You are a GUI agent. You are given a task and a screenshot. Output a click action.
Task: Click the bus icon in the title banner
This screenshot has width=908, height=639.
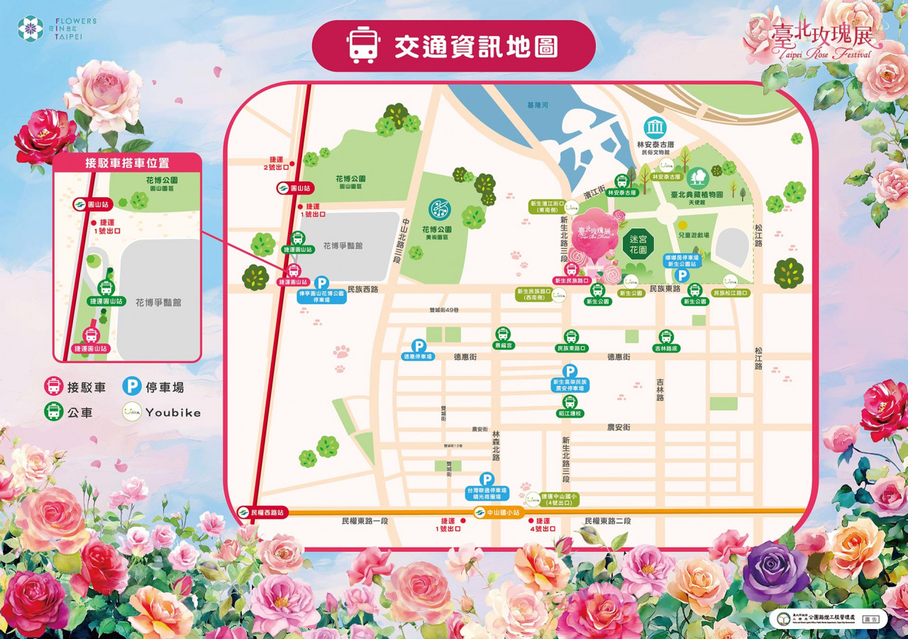362,45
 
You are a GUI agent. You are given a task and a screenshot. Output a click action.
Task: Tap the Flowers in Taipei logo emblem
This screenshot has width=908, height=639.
31,28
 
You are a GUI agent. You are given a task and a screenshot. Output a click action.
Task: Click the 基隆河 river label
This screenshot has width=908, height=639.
538,105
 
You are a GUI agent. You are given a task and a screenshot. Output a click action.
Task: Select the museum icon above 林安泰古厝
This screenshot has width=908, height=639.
655,128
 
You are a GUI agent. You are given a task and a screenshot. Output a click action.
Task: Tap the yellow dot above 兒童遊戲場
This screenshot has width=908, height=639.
682,225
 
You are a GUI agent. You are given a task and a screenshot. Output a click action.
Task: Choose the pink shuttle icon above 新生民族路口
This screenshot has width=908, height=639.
571,270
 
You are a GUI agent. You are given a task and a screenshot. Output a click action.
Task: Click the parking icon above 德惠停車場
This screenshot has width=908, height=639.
419,345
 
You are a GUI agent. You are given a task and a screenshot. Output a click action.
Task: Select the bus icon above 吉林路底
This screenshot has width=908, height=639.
665,337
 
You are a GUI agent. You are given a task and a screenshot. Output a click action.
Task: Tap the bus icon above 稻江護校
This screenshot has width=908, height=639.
570,401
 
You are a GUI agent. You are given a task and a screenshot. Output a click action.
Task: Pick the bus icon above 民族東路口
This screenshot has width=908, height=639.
571,337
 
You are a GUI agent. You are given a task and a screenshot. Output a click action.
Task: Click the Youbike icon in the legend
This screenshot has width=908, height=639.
131,411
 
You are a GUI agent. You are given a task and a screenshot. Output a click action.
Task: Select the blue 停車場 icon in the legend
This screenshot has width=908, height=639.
131,386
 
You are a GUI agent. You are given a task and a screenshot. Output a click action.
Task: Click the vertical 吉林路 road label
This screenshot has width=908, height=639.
660,390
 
